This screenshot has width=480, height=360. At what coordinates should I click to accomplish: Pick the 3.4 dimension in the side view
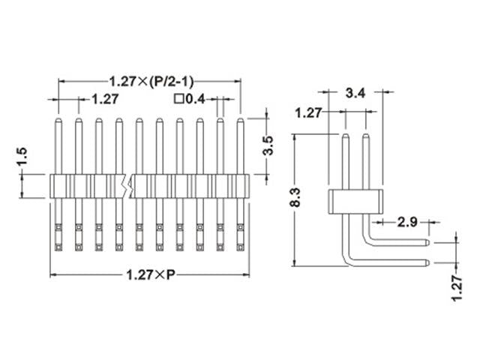tap(355, 94)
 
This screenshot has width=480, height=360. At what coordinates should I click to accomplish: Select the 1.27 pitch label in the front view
tap(106, 98)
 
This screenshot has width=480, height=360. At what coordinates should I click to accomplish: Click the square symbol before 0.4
tap(178, 98)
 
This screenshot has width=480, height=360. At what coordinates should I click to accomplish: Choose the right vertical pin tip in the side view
tap(366, 136)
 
